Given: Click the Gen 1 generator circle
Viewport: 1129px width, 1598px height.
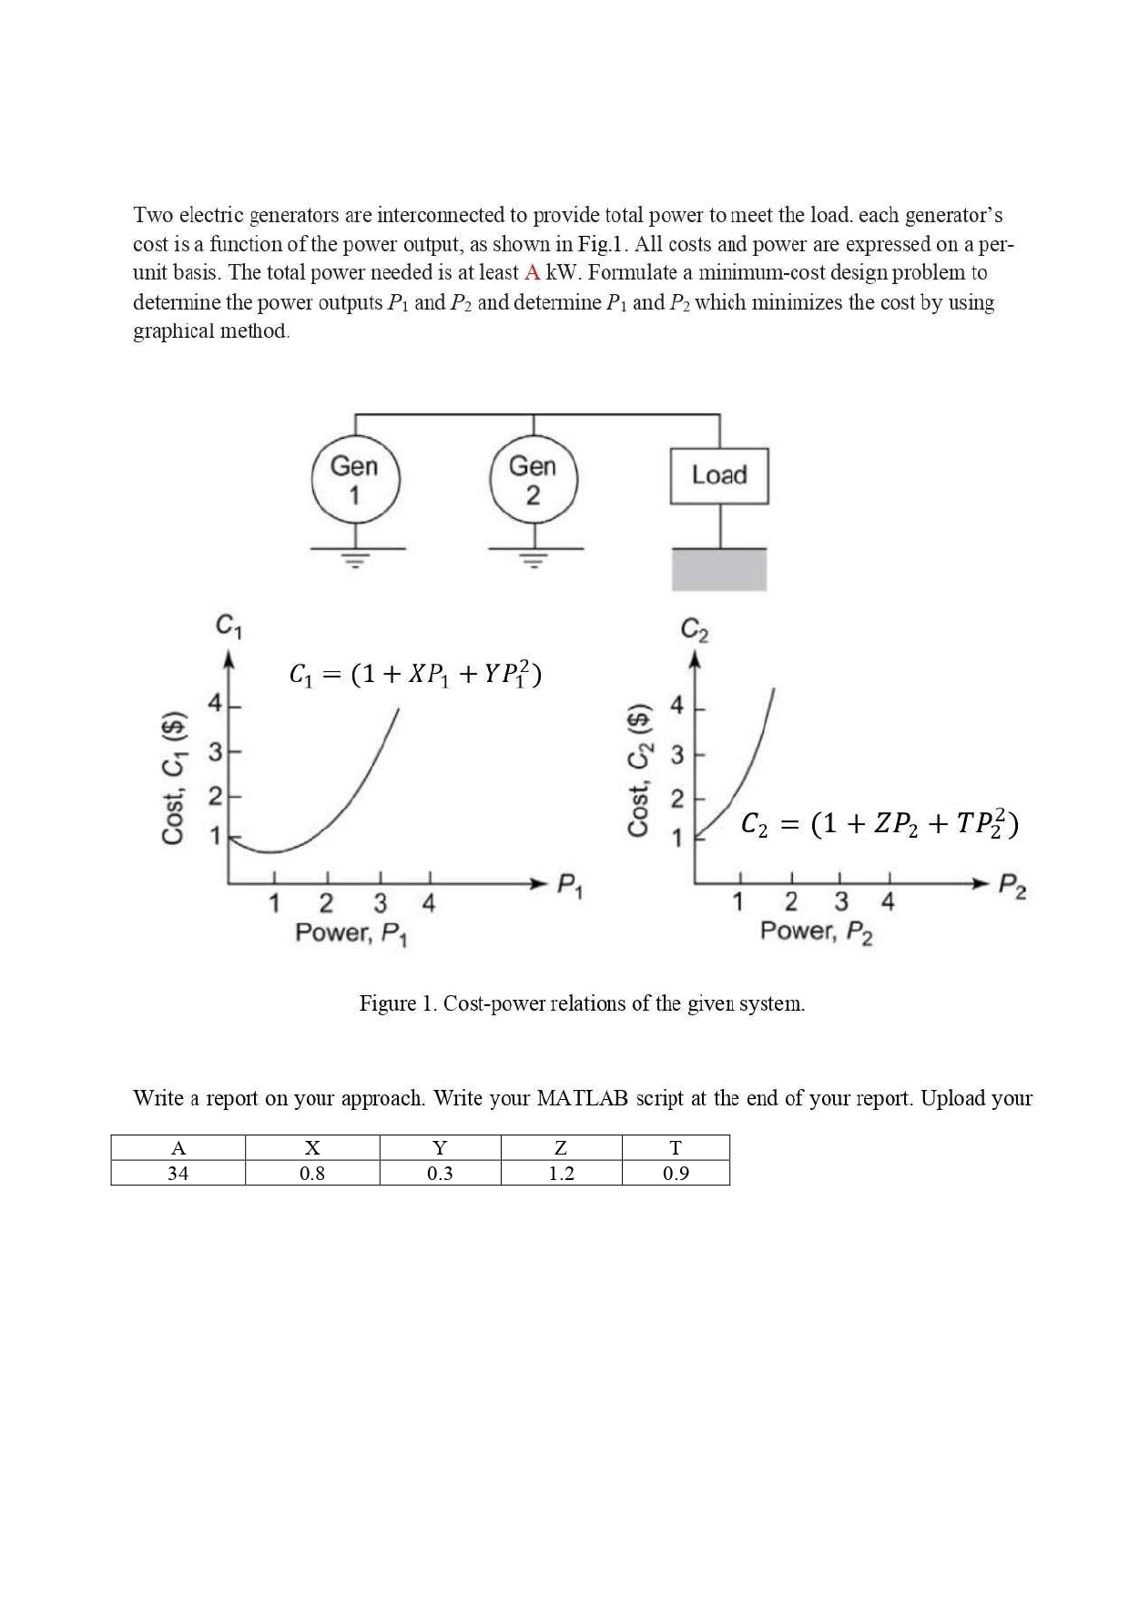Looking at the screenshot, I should pyautogui.click(x=355, y=480).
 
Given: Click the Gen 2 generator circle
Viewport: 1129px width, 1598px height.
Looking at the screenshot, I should pyautogui.click(x=534, y=480).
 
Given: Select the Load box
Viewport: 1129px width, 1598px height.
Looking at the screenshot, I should pyautogui.click(x=719, y=475).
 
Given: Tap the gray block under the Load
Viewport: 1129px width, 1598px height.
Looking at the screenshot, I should pyautogui.click(x=719, y=570).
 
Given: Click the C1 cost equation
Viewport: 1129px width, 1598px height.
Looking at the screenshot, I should pyautogui.click(x=415, y=674).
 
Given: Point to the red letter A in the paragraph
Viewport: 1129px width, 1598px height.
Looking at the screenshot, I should pyautogui.click(x=533, y=272).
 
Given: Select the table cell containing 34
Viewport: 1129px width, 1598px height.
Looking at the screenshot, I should pyautogui.click(x=178, y=1173).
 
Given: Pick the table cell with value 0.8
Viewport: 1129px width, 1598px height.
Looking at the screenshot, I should pyautogui.click(x=312, y=1173).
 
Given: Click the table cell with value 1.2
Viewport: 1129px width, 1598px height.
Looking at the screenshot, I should pyautogui.click(x=561, y=1173).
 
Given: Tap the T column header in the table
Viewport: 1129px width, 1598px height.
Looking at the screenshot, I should pyautogui.click(x=676, y=1148).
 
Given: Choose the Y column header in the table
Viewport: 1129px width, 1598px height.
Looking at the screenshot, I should pyautogui.click(x=440, y=1148).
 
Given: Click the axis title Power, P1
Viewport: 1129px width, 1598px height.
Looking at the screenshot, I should pyautogui.click(x=352, y=933).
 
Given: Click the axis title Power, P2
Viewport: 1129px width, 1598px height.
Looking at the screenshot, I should pyautogui.click(x=817, y=931).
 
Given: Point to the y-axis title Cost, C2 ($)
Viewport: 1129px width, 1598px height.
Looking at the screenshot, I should pyautogui.click(x=640, y=770).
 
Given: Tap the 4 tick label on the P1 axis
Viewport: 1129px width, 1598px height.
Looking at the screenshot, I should pyautogui.click(x=429, y=904).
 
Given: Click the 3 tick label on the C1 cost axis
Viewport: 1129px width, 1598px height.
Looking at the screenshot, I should pyautogui.click(x=215, y=753).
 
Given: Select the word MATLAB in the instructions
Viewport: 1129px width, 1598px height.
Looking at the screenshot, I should pyautogui.click(x=583, y=1098).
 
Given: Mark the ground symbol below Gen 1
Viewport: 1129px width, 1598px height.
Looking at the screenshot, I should pyautogui.click(x=357, y=557).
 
